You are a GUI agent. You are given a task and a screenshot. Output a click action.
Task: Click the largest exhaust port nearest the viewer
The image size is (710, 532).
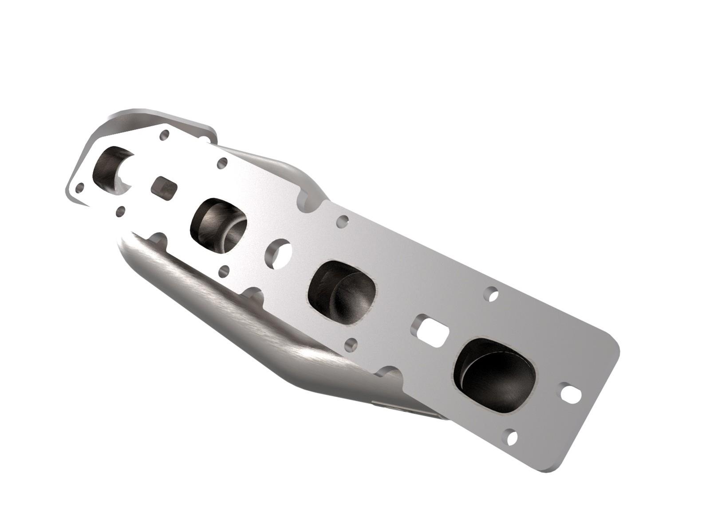[494, 375]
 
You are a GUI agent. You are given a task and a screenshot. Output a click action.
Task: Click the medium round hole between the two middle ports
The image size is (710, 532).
[278, 254]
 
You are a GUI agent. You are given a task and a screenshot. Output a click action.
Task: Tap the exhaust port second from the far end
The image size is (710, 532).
[218, 224]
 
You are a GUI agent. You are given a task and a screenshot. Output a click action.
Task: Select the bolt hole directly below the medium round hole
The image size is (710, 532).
[225, 270]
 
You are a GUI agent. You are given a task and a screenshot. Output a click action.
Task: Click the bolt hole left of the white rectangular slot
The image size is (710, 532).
[351, 344]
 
